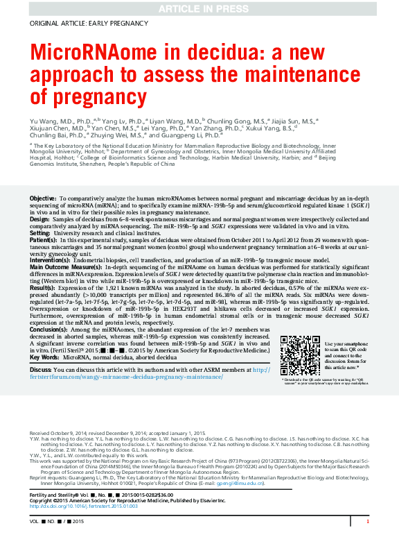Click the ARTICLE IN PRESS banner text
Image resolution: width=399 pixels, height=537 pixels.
click(199, 8)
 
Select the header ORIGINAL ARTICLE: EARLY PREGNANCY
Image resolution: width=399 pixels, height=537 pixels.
click(79, 23)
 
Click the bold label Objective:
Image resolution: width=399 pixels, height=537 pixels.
click(43, 199)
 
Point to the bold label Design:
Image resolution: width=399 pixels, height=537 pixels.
click(39, 219)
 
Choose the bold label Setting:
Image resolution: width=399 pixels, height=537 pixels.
click(39, 234)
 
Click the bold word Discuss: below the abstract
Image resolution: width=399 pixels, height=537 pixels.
click(41, 370)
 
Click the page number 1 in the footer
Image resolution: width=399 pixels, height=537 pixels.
click(367, 521)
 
